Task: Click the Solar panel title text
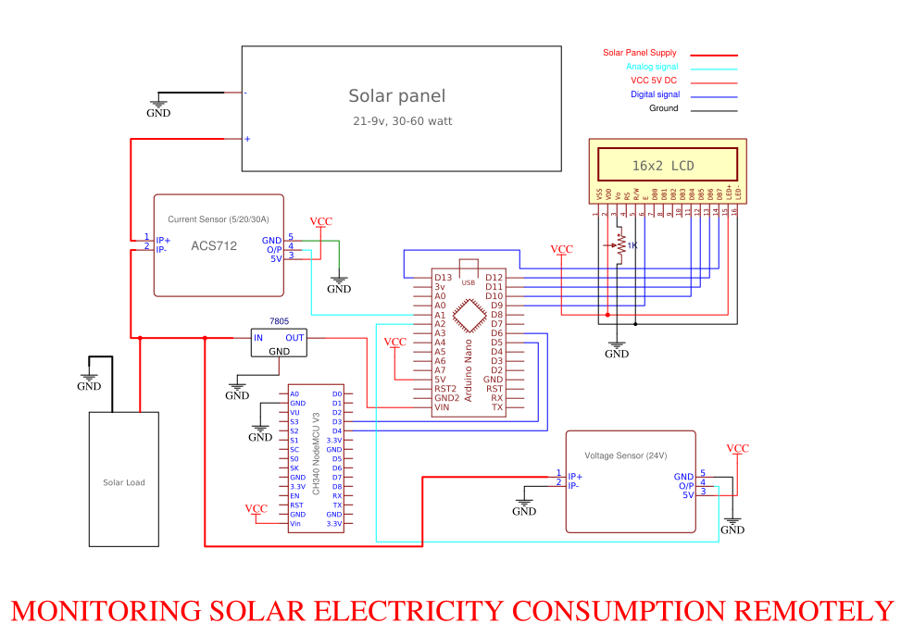point(396,95)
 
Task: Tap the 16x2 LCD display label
point(662,166)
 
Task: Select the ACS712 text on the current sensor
point(214,246)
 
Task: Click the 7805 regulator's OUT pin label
point(294,338)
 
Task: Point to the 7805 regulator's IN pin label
point(258,338)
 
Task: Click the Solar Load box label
point(123,482)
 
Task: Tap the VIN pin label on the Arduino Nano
point(443,407)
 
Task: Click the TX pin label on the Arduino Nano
point(497,407)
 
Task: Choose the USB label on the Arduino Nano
point(469,281)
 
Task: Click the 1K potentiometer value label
point(632,245)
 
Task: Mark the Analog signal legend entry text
point(652,67)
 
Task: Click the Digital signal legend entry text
point(655,94)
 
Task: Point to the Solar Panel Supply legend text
point(639,53)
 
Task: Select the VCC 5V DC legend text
point(654,81)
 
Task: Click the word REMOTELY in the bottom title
point(814,611)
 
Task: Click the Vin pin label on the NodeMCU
point(294,524)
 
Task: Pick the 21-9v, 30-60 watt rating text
point(402,121)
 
